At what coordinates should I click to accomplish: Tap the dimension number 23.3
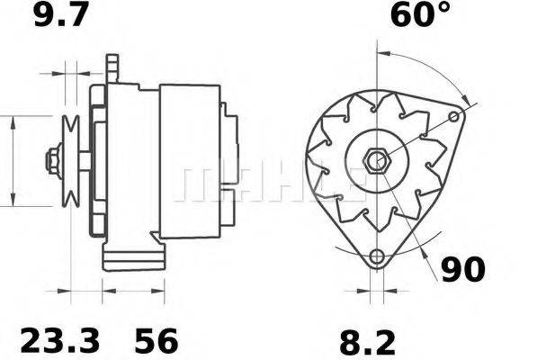click(58, 341)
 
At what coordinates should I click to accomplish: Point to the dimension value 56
click(157, 341)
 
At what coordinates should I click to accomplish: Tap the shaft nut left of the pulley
click(51, 162)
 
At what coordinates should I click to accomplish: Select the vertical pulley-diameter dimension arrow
click(13, 162)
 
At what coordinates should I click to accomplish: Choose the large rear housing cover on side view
click(189, 162)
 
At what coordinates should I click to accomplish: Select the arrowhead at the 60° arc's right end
click(465, 100)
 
